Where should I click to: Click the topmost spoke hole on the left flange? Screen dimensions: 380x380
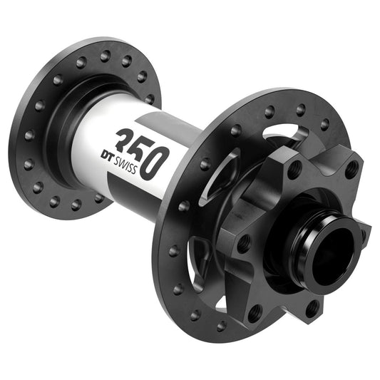pos(107,53)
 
